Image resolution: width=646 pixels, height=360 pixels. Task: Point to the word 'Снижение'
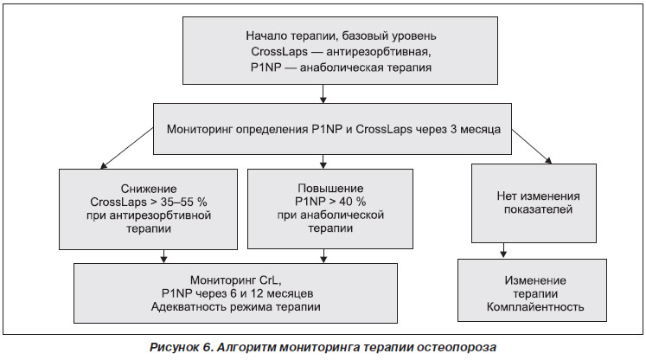[149, 189]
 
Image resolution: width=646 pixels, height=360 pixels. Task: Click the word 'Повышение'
[330, 189]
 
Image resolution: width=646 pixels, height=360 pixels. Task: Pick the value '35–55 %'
[183, 202]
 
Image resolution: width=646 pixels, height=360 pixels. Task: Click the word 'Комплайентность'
[535, 307]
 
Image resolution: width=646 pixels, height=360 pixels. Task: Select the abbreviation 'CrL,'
[271, 280]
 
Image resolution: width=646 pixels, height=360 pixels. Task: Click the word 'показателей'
[538, 209]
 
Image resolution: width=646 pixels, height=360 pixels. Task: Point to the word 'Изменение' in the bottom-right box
[535, 281]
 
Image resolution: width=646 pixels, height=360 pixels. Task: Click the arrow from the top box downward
[323, 93]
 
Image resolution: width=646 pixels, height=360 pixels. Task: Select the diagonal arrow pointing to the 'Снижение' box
[127, 149]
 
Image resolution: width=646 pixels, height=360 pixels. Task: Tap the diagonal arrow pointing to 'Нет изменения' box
[532, 146]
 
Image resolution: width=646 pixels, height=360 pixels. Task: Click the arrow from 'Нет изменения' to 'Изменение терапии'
[503, 250]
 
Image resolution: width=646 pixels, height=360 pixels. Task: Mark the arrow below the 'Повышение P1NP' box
[323, 256]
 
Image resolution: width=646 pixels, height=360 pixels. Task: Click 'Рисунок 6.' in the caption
[180, 347]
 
